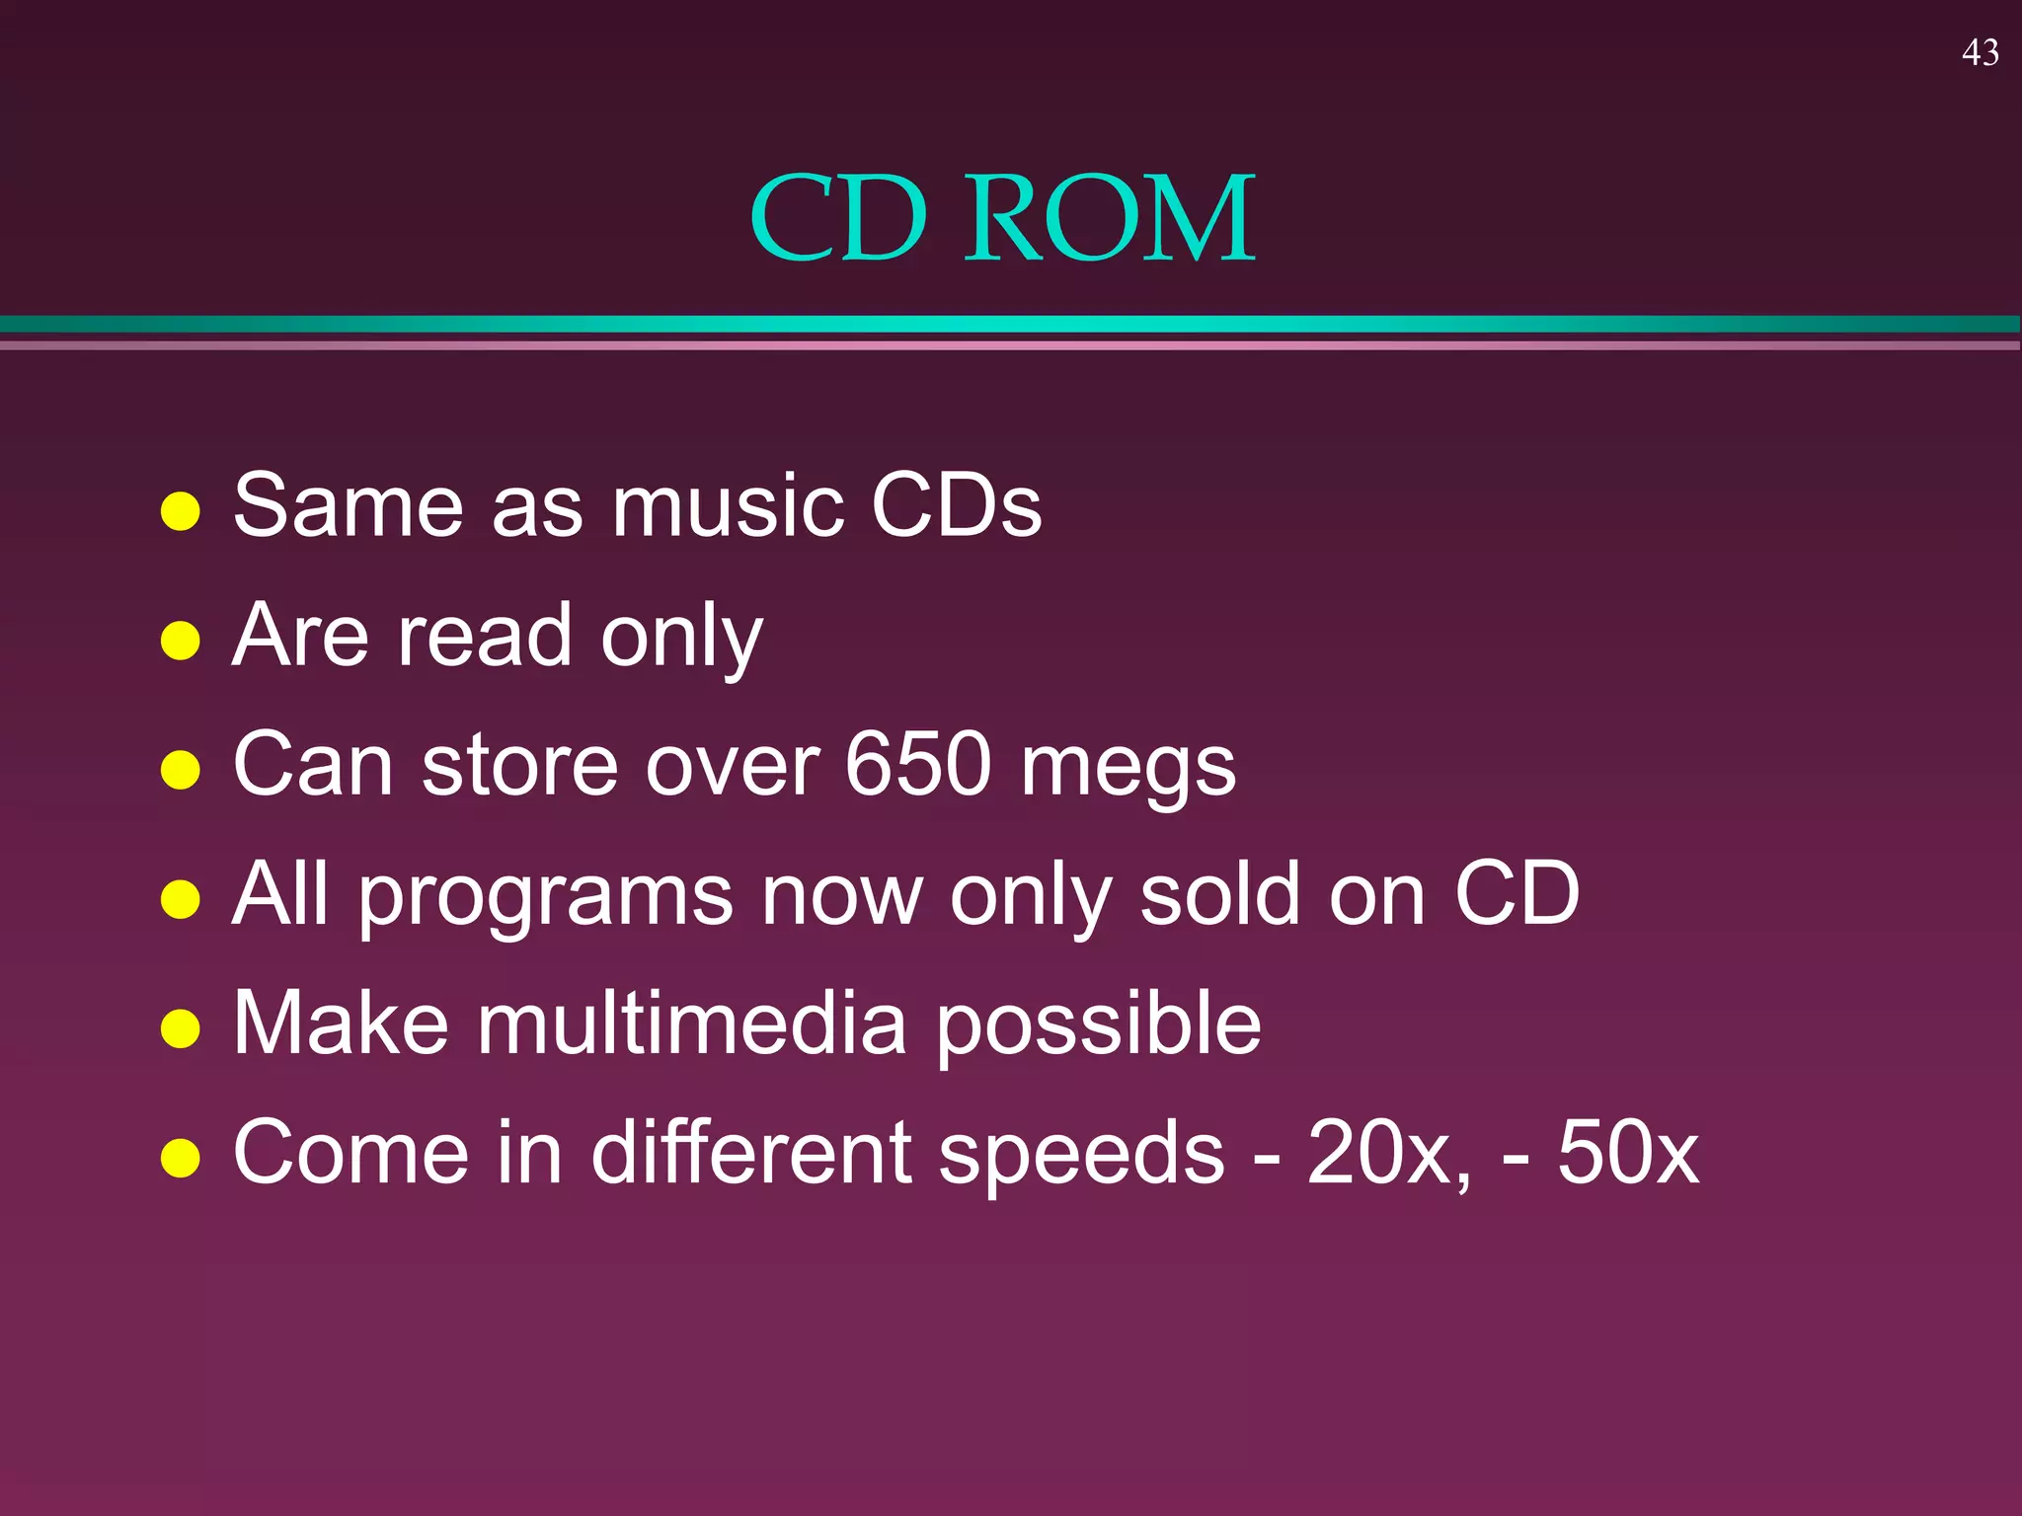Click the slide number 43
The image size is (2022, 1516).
tap(1980, 52)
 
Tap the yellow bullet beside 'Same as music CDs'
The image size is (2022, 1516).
tap(181, 511)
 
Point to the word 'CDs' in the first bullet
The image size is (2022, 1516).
tap(956, 506)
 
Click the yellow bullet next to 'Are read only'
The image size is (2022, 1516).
tap(181, 641)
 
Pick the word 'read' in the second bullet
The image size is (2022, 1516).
tap(484, 636)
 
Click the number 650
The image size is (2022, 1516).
tap(917, 765)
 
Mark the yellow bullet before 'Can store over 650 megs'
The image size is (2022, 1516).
tap(181, 770)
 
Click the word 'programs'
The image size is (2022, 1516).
tap(545, 898)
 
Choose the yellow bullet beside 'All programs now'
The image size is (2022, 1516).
tap(181, 899)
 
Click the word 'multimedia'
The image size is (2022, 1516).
tap(692, 1023)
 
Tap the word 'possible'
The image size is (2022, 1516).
tap(1098, 1026)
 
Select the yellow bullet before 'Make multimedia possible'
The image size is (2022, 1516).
tap(181, 1028)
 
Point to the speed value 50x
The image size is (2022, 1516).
tap(1628, 1153)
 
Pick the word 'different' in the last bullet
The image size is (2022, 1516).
tap(751, 1153)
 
